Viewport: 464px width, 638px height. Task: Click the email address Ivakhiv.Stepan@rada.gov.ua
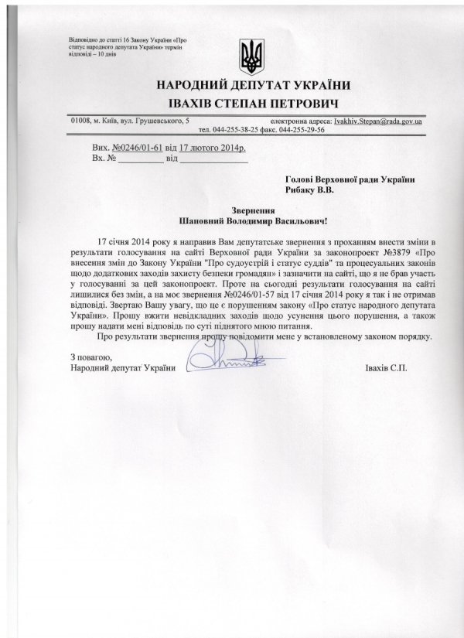coord(384,121)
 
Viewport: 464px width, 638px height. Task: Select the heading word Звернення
coord(253,209)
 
